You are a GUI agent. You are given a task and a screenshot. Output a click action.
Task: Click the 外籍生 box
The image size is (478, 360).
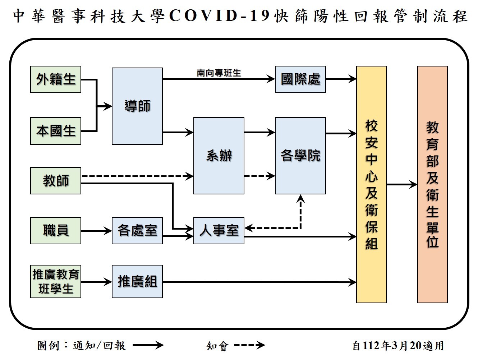pos(56,79)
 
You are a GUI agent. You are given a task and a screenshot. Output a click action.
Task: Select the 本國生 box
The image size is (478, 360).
pos(56,131)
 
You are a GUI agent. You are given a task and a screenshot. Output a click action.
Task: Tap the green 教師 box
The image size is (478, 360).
pos(56,180)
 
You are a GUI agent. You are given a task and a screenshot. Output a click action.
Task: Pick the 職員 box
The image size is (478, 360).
pos(56,230)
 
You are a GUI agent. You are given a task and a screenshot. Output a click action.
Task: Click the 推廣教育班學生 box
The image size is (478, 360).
pos(56,281)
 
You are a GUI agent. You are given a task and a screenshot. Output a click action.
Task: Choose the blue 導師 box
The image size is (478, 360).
pos(137,106)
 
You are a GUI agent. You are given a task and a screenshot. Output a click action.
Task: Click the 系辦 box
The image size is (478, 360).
pos(219,156)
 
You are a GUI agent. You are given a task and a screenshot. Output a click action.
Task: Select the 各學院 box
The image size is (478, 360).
pos(300,156)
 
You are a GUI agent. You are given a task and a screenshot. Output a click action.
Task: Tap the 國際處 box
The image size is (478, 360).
pos(300,79)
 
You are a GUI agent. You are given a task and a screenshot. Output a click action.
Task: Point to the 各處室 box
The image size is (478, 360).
pos(137,230)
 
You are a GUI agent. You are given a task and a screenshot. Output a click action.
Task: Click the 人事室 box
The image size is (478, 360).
pos(219,230)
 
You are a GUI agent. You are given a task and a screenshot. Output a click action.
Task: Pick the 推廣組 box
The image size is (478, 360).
pos(137,281)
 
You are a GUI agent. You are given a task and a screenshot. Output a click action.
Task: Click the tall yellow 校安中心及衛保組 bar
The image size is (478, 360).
pos(371,184)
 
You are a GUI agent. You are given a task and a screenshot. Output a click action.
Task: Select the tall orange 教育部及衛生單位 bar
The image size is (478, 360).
pos(432,184)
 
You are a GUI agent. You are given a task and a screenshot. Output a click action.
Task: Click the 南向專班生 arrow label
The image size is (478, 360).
pos(219,73)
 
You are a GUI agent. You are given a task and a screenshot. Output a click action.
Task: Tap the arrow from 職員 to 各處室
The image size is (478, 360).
pos(96,231)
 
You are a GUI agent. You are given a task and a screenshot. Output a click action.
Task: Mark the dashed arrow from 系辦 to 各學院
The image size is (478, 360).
pos(259,176)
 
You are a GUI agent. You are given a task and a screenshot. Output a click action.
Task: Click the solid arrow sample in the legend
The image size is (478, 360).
pos(148,345)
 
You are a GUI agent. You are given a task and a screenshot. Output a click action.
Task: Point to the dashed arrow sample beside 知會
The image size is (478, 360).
pos(249,345)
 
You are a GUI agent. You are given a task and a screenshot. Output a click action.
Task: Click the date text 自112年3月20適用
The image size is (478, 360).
pos(398,345)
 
